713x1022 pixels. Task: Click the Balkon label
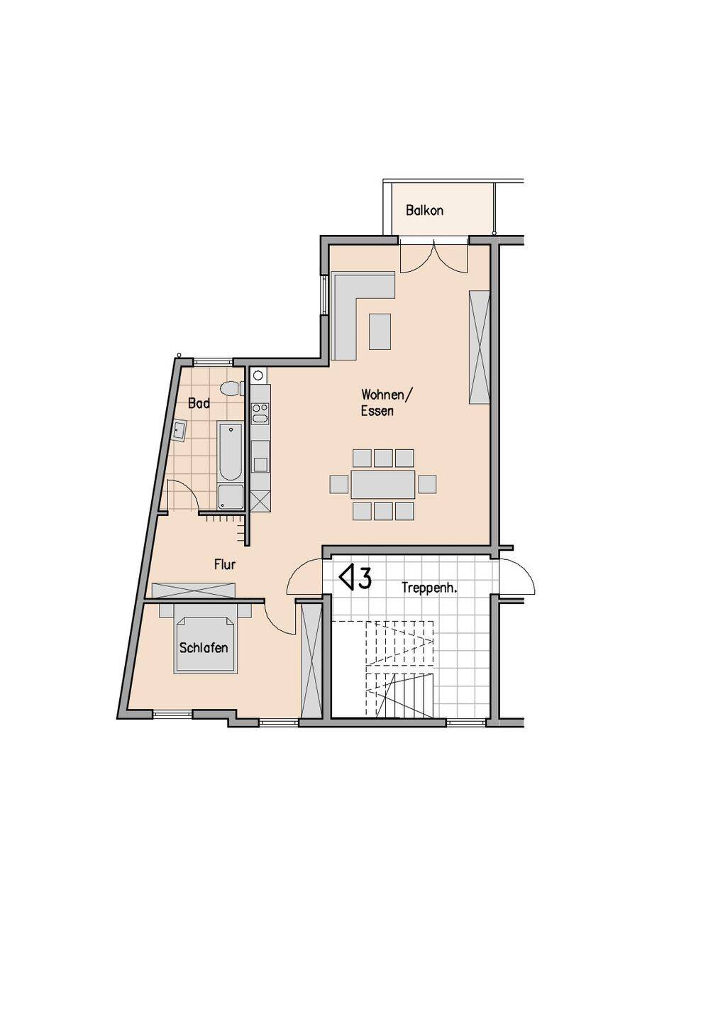424,211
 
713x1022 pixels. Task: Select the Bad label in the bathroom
199,403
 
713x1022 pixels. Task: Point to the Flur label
225,565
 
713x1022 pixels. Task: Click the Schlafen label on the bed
204,648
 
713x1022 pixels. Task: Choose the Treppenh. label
429,588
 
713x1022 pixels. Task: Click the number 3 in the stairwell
365,578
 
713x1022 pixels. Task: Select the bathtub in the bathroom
231,452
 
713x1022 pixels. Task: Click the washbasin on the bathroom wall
178,430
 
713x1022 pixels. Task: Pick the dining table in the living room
382,484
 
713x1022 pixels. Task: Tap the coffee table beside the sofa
380,331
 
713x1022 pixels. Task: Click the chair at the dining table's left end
339,485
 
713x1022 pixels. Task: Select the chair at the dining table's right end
427,484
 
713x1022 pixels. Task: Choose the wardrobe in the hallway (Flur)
194,590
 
